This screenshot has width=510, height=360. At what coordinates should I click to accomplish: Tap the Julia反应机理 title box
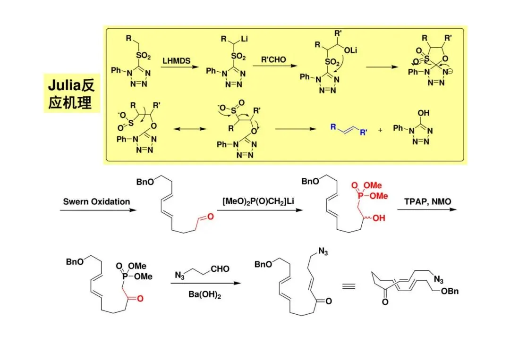71,93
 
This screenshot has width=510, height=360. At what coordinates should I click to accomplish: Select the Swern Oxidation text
96,201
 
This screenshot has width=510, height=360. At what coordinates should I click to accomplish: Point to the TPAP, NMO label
427,201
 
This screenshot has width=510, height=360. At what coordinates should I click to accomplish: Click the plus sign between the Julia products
381,129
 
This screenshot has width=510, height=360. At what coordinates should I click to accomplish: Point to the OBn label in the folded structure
449,291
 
